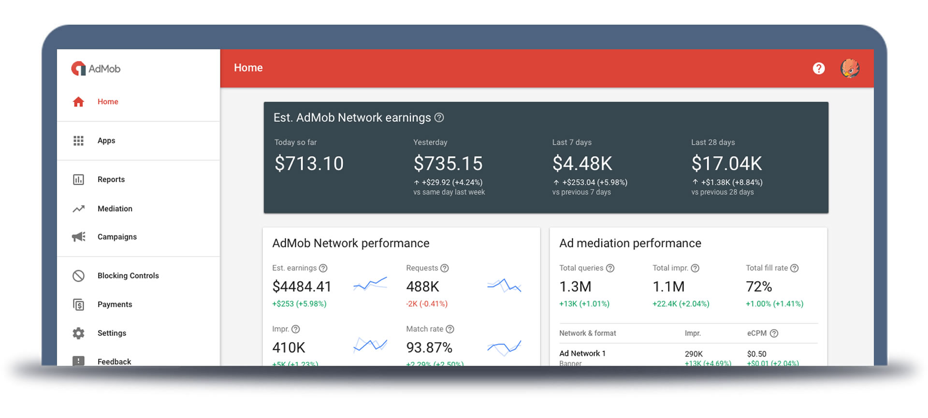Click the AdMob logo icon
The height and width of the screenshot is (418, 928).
click(78, 69)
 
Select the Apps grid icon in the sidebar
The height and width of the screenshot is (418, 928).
click(78, 141)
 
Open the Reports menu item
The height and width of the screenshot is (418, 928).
click(111, 179)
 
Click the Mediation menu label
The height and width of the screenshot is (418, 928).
click(115, 209)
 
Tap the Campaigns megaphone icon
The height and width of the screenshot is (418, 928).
click(78, 237)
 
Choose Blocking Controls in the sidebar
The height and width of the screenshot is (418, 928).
click(128, 275)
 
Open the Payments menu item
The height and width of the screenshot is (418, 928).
click(115, 304)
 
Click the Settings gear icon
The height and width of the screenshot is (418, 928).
click(78, 333)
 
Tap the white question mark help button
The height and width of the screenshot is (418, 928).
click(818, 69)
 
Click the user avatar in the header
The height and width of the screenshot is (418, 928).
click(850, 68)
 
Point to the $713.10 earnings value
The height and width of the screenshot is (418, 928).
click(309, 163)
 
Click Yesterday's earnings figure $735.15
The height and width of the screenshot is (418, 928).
click(448, 163)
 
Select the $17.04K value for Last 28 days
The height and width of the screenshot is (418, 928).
click(726, 163)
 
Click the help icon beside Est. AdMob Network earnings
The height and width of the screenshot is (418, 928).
click(439, 117)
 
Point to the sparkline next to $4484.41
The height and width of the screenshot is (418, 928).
click(370, 284)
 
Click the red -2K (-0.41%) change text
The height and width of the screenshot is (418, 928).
click(427, 304)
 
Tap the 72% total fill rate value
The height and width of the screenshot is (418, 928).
click(759, 287)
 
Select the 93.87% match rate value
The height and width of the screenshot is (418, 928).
click(429, 347)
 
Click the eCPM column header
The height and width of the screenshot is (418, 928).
click(756, 333)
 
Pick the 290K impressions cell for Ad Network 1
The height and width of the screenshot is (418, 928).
click(694, 354)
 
